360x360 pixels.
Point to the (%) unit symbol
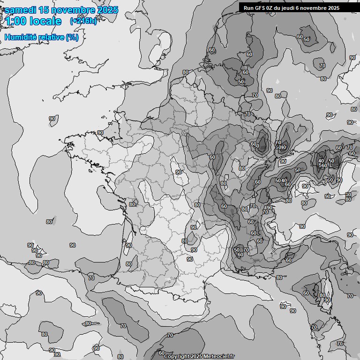click(72, 37)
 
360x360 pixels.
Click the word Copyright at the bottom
click(177, 356)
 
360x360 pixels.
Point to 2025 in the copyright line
click(197, 356)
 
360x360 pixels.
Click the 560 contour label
click(322, 166)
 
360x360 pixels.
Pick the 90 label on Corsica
click(327, 300)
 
